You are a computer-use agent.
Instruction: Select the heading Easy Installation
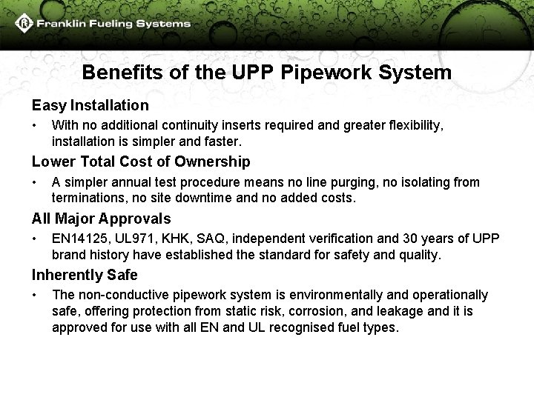click(90, 106)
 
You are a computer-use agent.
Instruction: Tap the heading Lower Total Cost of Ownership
click(141, 161)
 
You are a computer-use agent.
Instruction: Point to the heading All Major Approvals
click(101, 219)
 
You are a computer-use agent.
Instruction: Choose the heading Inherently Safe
click(85, 276)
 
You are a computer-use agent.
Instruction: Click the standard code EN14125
click(81, 239)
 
